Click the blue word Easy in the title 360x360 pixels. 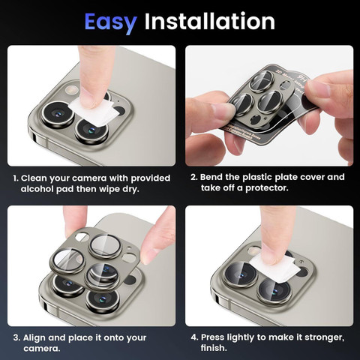(110, 22)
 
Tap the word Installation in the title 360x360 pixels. (210, 21)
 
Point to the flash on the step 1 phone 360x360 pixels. (71, 90)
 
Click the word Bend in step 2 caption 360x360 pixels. (211, 177)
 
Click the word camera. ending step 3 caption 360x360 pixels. (42, 349)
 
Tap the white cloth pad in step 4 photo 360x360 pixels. (274, 268)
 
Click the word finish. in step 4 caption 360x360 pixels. (214, 348)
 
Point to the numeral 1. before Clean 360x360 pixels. (16, 178)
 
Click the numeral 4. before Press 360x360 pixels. (194, 337)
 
